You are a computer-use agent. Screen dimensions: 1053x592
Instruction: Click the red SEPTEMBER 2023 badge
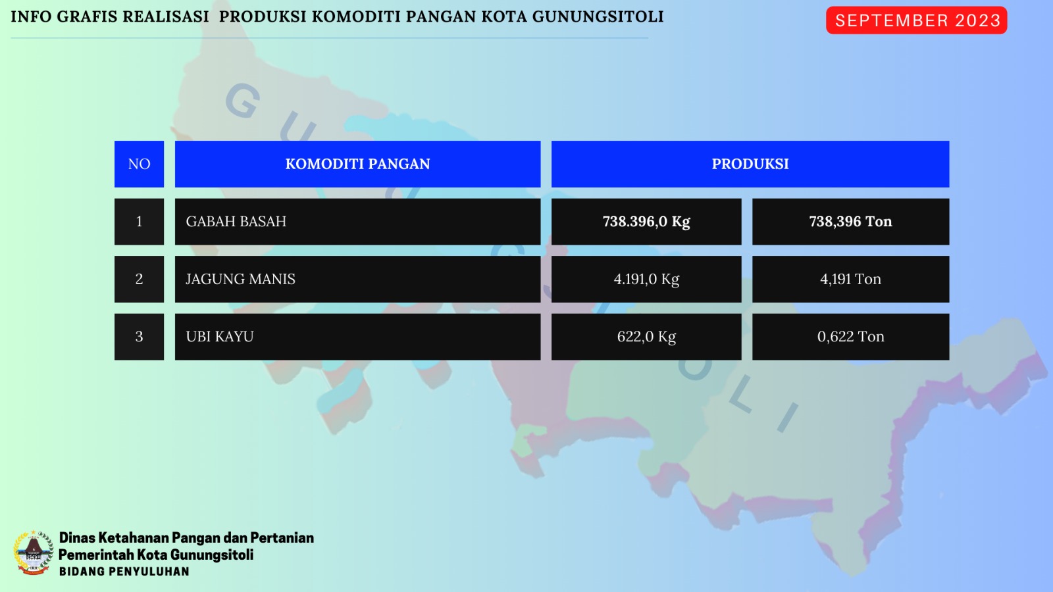coord(916,20)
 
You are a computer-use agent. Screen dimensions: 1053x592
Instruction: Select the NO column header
coord(139,164)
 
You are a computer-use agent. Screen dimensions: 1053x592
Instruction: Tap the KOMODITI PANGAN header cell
coord(358,164)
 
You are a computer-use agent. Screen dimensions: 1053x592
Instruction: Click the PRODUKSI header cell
coord(750,164)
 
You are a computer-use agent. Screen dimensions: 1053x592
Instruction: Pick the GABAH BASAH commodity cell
coord(358,221)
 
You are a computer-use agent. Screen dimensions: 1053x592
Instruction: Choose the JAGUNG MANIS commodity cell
coord(358,279)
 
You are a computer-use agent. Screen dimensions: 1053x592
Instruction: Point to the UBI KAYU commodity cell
coord(358,337)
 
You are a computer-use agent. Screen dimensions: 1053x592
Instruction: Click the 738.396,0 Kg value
coord(646,221)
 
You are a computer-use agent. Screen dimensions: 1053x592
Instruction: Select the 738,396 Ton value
coord(851,221)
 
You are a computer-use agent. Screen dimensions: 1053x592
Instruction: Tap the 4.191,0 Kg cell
coord(646,279)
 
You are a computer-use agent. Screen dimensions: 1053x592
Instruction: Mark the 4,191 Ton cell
coord(851,279)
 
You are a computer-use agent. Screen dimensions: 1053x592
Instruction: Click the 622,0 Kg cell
coord(646,337)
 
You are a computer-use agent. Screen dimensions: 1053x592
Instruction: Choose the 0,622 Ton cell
coord(851,337)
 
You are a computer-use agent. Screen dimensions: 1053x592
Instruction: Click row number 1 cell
coord(139,221)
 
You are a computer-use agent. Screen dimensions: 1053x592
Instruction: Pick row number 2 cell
coord(139,279)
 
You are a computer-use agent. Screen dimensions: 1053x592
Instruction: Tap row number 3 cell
coord(139,337)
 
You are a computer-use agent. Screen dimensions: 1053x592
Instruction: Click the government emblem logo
coord(34,553)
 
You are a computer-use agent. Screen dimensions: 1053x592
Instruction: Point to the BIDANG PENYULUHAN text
coord(124,572)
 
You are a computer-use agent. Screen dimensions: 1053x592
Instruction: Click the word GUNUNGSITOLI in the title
coord(598,17)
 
